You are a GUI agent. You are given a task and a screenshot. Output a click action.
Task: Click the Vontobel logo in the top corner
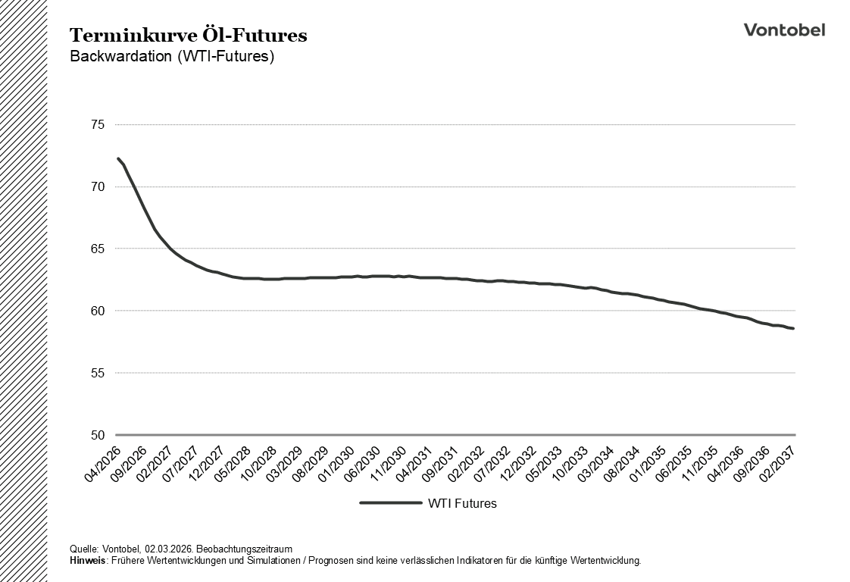pos(784,30)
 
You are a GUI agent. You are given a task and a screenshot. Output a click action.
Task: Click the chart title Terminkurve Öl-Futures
pos(188,36)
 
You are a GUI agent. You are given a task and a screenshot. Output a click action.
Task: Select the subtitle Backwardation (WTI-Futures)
pos(171,57)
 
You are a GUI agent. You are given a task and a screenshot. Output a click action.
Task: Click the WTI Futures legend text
pos(462,503)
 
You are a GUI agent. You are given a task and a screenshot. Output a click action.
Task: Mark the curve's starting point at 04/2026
pos(117,158)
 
